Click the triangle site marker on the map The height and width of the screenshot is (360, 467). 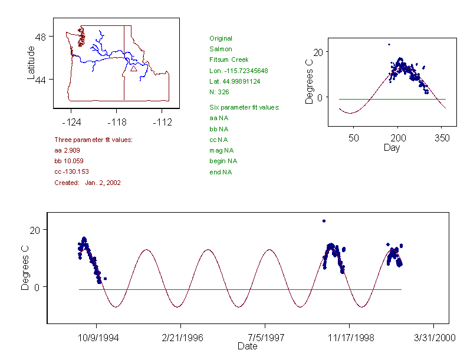pos(134,68)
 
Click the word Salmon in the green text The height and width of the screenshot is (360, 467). pos(221,49)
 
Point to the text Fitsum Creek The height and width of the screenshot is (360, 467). pos(229,60)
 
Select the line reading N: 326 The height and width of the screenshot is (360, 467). pos(219,92)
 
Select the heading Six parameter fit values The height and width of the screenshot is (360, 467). pos(244,107)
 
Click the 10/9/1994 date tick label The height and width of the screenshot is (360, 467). pos(96,339)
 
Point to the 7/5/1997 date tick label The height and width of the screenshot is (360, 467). pos(265,339)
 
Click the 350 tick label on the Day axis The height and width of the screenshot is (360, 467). pos(442,138)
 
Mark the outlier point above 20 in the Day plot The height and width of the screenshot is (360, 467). pos(389,44)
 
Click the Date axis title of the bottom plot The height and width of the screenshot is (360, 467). pos(247,346)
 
